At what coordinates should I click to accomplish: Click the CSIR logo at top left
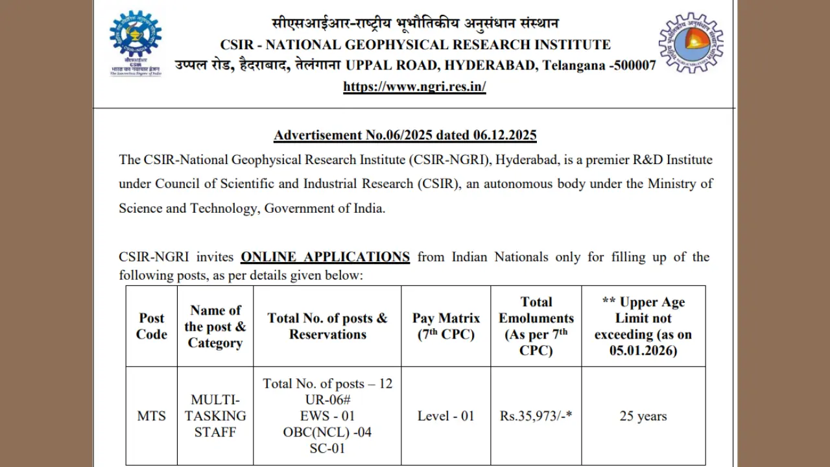pos(136,43)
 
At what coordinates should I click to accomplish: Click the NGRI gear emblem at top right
pos(691,43)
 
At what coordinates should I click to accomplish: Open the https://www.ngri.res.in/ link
pos(414,86)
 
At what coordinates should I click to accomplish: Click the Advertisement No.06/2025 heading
pos(405,135)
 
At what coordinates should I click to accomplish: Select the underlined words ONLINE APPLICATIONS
pos(325,257)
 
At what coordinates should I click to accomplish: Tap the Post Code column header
pos(152,326)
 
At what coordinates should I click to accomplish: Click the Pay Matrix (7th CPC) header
pos(446,326)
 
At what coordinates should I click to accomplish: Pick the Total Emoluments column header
pos(536,326)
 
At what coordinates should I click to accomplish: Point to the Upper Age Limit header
pos(643,326)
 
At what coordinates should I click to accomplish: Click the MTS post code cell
pos(152,416)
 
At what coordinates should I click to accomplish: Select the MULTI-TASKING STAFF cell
pos(215,416)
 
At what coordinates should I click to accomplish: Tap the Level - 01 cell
pos(446,416)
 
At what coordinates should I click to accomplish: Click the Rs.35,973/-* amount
pos(536,416)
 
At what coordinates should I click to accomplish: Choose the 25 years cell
pos(643,416)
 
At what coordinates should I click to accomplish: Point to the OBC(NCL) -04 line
pos(327,432)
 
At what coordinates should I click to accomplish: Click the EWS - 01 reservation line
pos(327,416)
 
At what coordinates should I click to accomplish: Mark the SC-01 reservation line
pos(327,448)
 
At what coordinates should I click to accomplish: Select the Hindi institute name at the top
pos(415,24)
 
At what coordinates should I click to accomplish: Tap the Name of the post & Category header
pos(215,326)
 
